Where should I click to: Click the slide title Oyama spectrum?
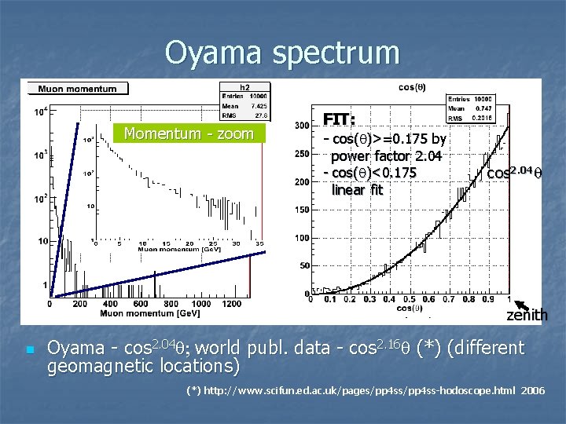(x=282, y=53)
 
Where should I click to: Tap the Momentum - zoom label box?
(x=188, y=133)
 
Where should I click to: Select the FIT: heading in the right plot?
(x=340, y=119)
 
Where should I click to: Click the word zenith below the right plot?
(x=527, y=315)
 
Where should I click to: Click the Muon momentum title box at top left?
(x=77, y=89)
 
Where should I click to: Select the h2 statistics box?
(x=244, y=101)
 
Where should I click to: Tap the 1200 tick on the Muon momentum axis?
(x=231, y=303)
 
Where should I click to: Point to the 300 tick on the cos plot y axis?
(x=300, y=126)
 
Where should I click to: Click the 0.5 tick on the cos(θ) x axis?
(x=410, y=299)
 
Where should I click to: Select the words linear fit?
(x=357, y=189)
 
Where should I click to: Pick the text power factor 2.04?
(x=386, y=156)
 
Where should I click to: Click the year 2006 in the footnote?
(x=532, y=390)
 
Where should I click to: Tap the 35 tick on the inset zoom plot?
(x=259, y=244)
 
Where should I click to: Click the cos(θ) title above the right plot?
(x=412, y=87)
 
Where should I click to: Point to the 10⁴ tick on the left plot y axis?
(x=39, y=112)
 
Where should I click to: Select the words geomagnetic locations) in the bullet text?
(x=143, y=366)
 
